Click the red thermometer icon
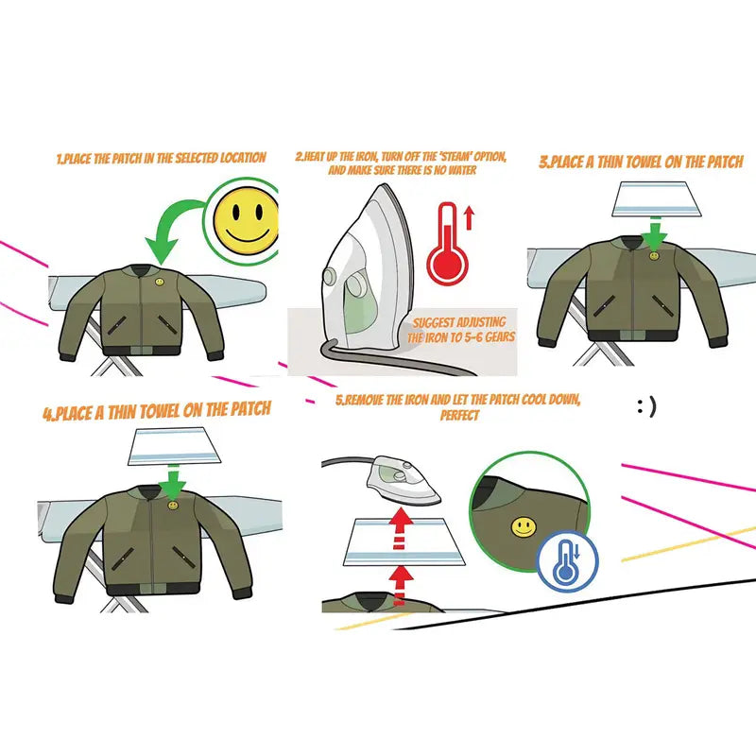[x=446, y=243]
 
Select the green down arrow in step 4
[x=172, y=484]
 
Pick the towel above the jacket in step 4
[x=172, y=448]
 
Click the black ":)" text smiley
[x=646, y=406]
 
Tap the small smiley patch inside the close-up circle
[x=520, y=525]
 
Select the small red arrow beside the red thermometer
[x=470, y=218]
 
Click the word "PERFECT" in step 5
[x=459, y=416]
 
